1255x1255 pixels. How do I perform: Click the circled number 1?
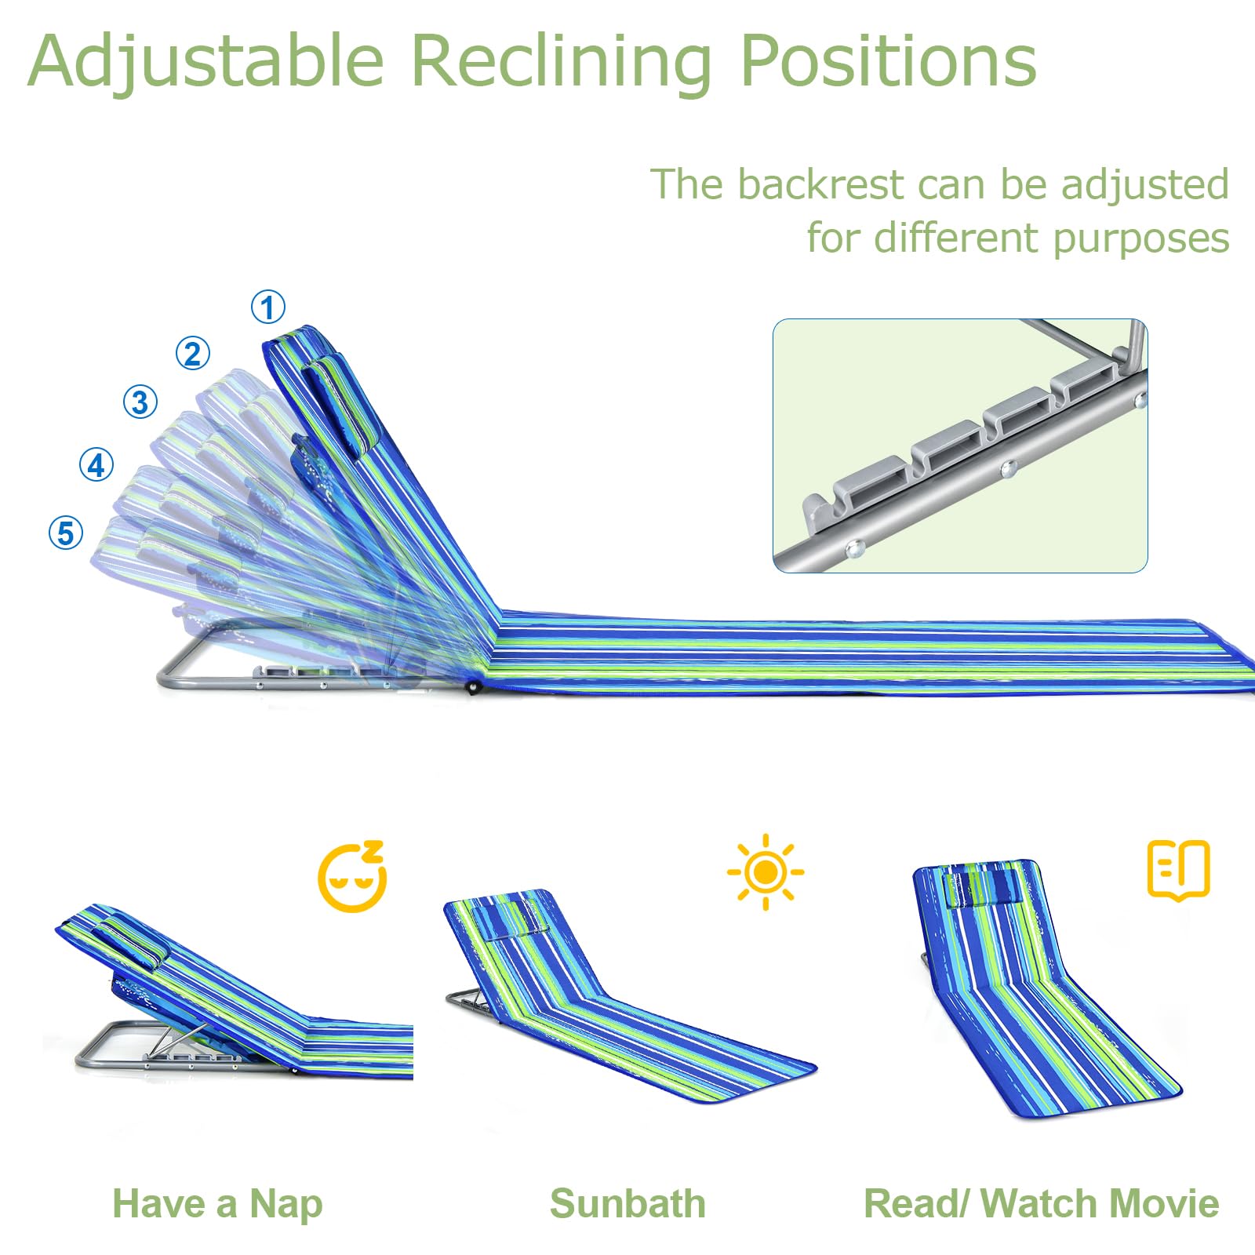tap(268, 307)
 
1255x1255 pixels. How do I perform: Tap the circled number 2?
tap(193, 354)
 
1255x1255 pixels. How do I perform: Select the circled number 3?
tap(140, 402)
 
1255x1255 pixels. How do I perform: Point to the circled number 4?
tap(96, 465)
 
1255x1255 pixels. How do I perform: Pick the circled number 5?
tap(66, 533)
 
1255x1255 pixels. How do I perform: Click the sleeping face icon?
tap(352, 876)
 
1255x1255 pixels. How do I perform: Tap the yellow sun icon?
tap(766, 871)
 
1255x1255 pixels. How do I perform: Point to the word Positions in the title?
tap(888, 60)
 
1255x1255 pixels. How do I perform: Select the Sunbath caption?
tap(627, 1204)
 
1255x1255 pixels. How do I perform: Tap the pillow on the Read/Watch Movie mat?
tap(984, 887)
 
